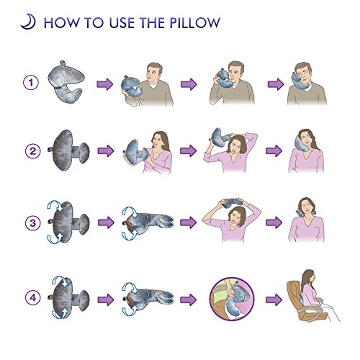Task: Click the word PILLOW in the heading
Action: pyautogui.click(x=195, y=23)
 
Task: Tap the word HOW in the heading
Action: pyautogui.click(x=61, y=23)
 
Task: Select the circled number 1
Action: pyautogui.click(x=31, y=83)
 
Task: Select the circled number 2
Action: pyautogui.click(x=33, y=151)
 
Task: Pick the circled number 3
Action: pyautogui.click(x=33, y=222)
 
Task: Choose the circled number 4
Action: pyautogui.click(x=33, y=297)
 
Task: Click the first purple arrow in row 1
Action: pyautogui.click(x=105, y=84)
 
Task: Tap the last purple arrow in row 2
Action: pyautogui.click(x=274, y=150)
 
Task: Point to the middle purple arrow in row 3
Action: pyautogui.click(x=189, y=222)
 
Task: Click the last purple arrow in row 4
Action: pyautogui.click(x=274, y=300)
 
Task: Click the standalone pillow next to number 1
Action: pyautogui.click(x=66, y=81)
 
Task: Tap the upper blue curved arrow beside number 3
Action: pyautogui.click(x=55, y=206)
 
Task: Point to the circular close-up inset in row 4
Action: pyautogui.click(x=232, y=299)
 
